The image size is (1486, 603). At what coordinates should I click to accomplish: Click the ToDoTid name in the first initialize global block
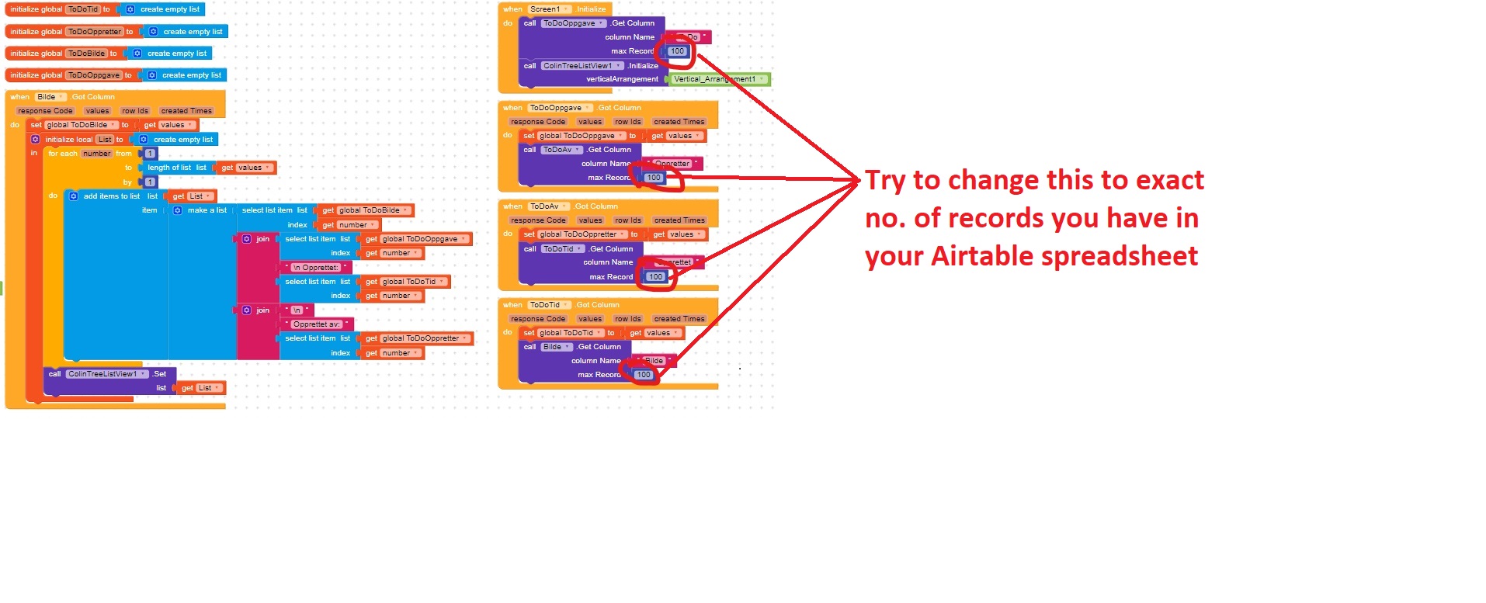(x=82, y=9)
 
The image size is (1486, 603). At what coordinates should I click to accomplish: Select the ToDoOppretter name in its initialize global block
(x=94, y=32)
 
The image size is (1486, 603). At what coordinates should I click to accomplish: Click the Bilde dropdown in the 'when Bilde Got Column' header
(x=50, y=97)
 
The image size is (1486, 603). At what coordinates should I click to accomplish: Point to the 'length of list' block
(x=169, y=168)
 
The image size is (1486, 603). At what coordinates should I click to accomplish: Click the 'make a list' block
(x=207, y=210)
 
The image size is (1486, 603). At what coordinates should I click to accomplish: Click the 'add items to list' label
(x=111, y=196)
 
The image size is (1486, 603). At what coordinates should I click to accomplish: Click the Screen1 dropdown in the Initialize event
(x=548, y=9)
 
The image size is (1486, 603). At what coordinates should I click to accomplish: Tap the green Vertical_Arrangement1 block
(x=718, y=79)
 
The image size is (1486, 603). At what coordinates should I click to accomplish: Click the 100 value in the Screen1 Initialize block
(x=677, y=51)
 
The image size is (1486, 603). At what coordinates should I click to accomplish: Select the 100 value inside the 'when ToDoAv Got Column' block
(x=655, y=277)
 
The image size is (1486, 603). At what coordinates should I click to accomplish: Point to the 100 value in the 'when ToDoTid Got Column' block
(x=644, y=375)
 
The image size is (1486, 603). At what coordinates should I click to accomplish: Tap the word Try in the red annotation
(x=885, y=180)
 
